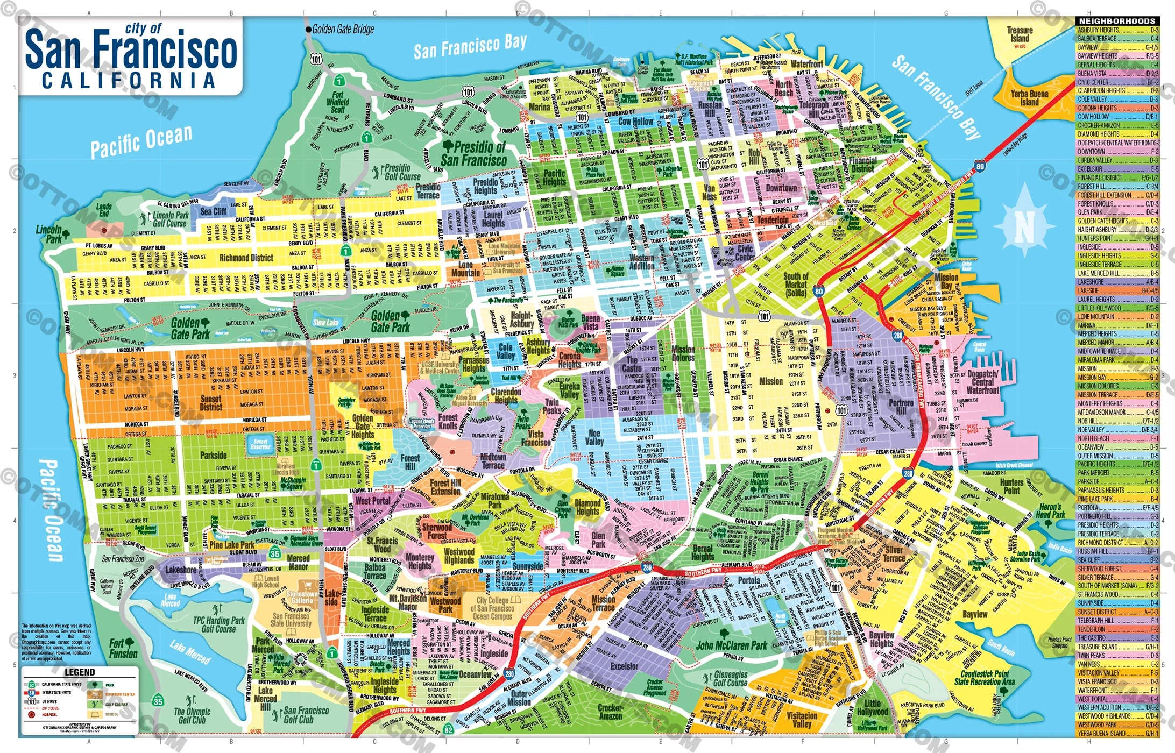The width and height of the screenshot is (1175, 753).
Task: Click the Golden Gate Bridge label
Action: pos(343,30)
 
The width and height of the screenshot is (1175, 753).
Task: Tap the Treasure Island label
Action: pos(1020,34)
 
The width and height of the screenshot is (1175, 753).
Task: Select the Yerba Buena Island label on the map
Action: pos(1029,98)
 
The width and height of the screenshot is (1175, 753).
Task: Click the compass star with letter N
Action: pos(1024,226)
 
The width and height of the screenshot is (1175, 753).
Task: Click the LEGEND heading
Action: pos(80,672)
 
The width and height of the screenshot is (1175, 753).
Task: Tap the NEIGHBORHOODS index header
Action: pos(1117,21)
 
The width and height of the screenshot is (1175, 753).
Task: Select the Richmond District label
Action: pos(246,258)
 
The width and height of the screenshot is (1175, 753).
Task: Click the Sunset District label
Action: pos(211,403)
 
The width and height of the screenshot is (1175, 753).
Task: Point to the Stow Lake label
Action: pos(325,323)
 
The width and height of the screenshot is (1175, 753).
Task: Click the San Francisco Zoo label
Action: pos(123,559)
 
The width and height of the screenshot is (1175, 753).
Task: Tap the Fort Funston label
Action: pos(123,649)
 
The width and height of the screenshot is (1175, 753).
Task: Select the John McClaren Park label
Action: pos(731,645)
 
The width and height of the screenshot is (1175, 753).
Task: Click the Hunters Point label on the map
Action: pos(1011,486)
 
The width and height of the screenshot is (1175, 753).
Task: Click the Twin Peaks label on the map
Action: pos(552,406)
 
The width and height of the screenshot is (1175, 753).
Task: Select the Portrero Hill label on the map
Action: pos(901,407)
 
